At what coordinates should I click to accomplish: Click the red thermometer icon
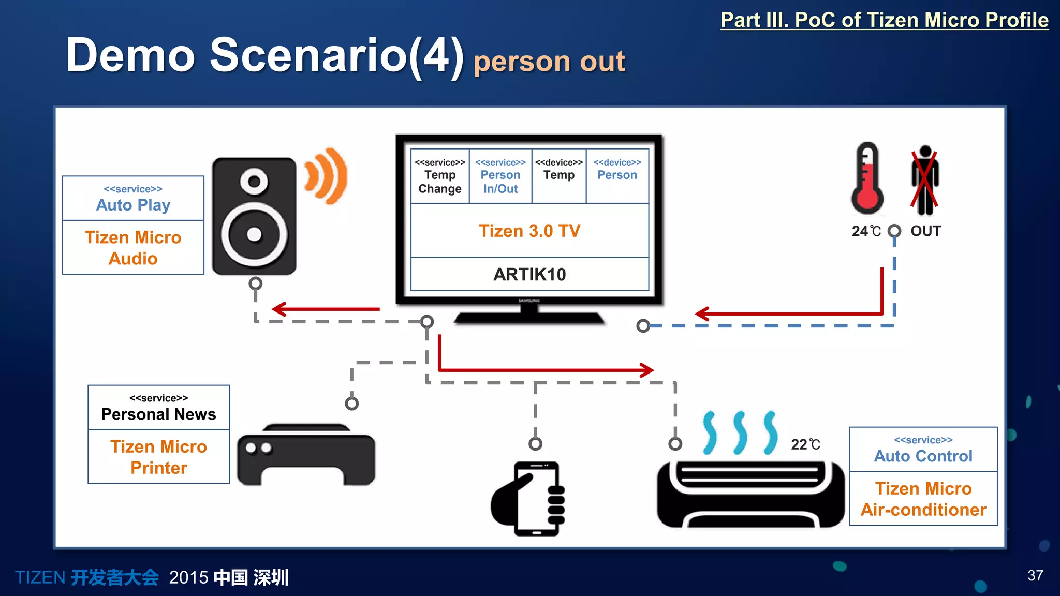pyautogui.click(x=867, y=178)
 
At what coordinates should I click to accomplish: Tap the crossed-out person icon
pyautogui.click(x=925, y=181)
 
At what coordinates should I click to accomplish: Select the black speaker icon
pyautogui.click(x=254, y=216)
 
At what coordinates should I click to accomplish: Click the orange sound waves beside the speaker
pyautogui.click(x=327, y=176)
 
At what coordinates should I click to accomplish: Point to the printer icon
pyautogui.click(x=306, y=455)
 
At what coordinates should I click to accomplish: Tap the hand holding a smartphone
pyautogui.click(x=529, y=498)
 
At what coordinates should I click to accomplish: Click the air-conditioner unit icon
pyautogui.click(x=750, y=494)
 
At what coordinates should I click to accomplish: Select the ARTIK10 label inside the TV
pyautogui.click(x=529, y=274)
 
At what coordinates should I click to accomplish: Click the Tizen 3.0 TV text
pyautogui.click(x=529, y=231)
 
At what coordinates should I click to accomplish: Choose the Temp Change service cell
pyautogui.click(x=440, y=176)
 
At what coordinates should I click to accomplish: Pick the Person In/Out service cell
pyautogui.click(x=500, y=176)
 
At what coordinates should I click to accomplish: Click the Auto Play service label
pyautogui.click(x=133, y=199)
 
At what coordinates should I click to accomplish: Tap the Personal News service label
pyautogui.click(x=158, y=408)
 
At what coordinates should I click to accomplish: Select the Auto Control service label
pyautogui.click(x=923, y=450)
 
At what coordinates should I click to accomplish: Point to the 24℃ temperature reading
pyautogui.click(x=866, y=231)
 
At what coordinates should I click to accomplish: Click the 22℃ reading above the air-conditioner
pyautogui.click(x=805, y=444)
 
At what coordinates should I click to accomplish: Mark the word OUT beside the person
pyautogui.click(x=926, y=231)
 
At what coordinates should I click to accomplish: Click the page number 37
pyautogui.click(x=1035, y=575)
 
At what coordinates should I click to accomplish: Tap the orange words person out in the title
pyautogui.click(x=549, y=62)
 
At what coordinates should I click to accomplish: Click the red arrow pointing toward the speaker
pyautogui.click(x=326, y=309)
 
